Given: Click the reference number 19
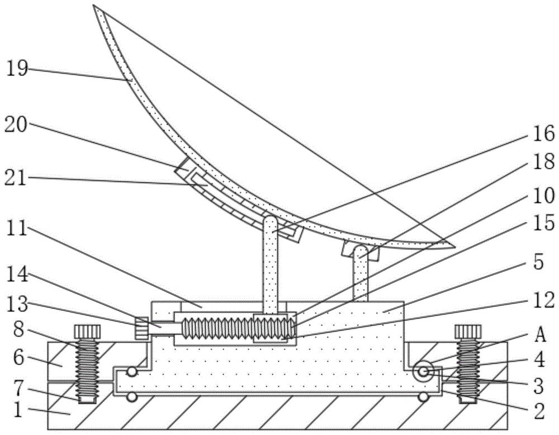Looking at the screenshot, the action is tap(17, 68).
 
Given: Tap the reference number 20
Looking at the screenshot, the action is tap(16, 125).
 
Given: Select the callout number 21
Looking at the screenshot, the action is tap(16, 177).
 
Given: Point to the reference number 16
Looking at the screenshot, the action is tap(544, 134).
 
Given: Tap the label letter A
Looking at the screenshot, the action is tap(541, 334).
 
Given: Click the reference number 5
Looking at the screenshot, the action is tap(539, 262).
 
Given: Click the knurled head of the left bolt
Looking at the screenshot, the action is tap(87, 332).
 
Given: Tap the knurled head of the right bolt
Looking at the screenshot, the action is tap(468, 332).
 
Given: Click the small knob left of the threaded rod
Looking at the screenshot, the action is tap(141, 328).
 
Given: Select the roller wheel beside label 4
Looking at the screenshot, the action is tap(423, 371).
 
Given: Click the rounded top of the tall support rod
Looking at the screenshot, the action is tap(271, 221).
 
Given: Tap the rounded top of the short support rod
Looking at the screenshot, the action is tap(361, 249).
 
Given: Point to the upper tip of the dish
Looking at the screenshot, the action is tap(94, 6).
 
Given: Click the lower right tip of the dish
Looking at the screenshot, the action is tap(453, 246).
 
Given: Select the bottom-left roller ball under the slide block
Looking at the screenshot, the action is tap(132, 397).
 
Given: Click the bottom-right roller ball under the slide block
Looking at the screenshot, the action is tap(423, 397).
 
